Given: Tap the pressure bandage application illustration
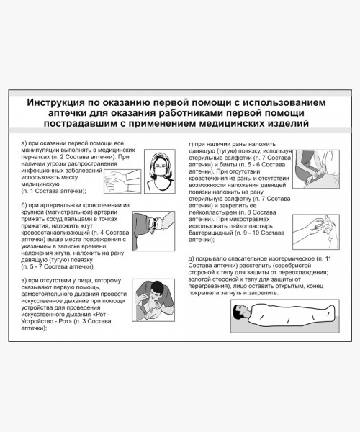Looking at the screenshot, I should click(x=313, y=169).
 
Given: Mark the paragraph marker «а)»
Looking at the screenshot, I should click(x=25, y=144).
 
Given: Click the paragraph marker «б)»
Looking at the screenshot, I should click(x=25, y=205).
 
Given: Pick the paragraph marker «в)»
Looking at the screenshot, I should click(x=25, y=281).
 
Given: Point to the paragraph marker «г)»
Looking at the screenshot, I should click(x=191, y=144).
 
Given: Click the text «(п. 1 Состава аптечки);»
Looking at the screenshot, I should click(x=54, y=190).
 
